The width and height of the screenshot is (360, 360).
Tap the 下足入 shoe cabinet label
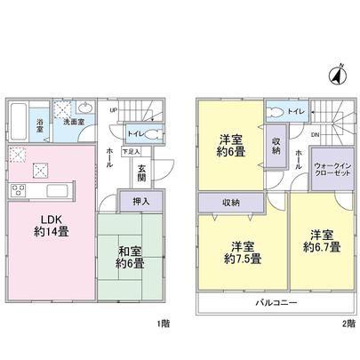tap(131, 152)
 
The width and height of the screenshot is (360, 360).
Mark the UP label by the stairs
tap(112, 110)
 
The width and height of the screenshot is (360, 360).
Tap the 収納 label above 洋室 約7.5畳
tap(230, 201)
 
